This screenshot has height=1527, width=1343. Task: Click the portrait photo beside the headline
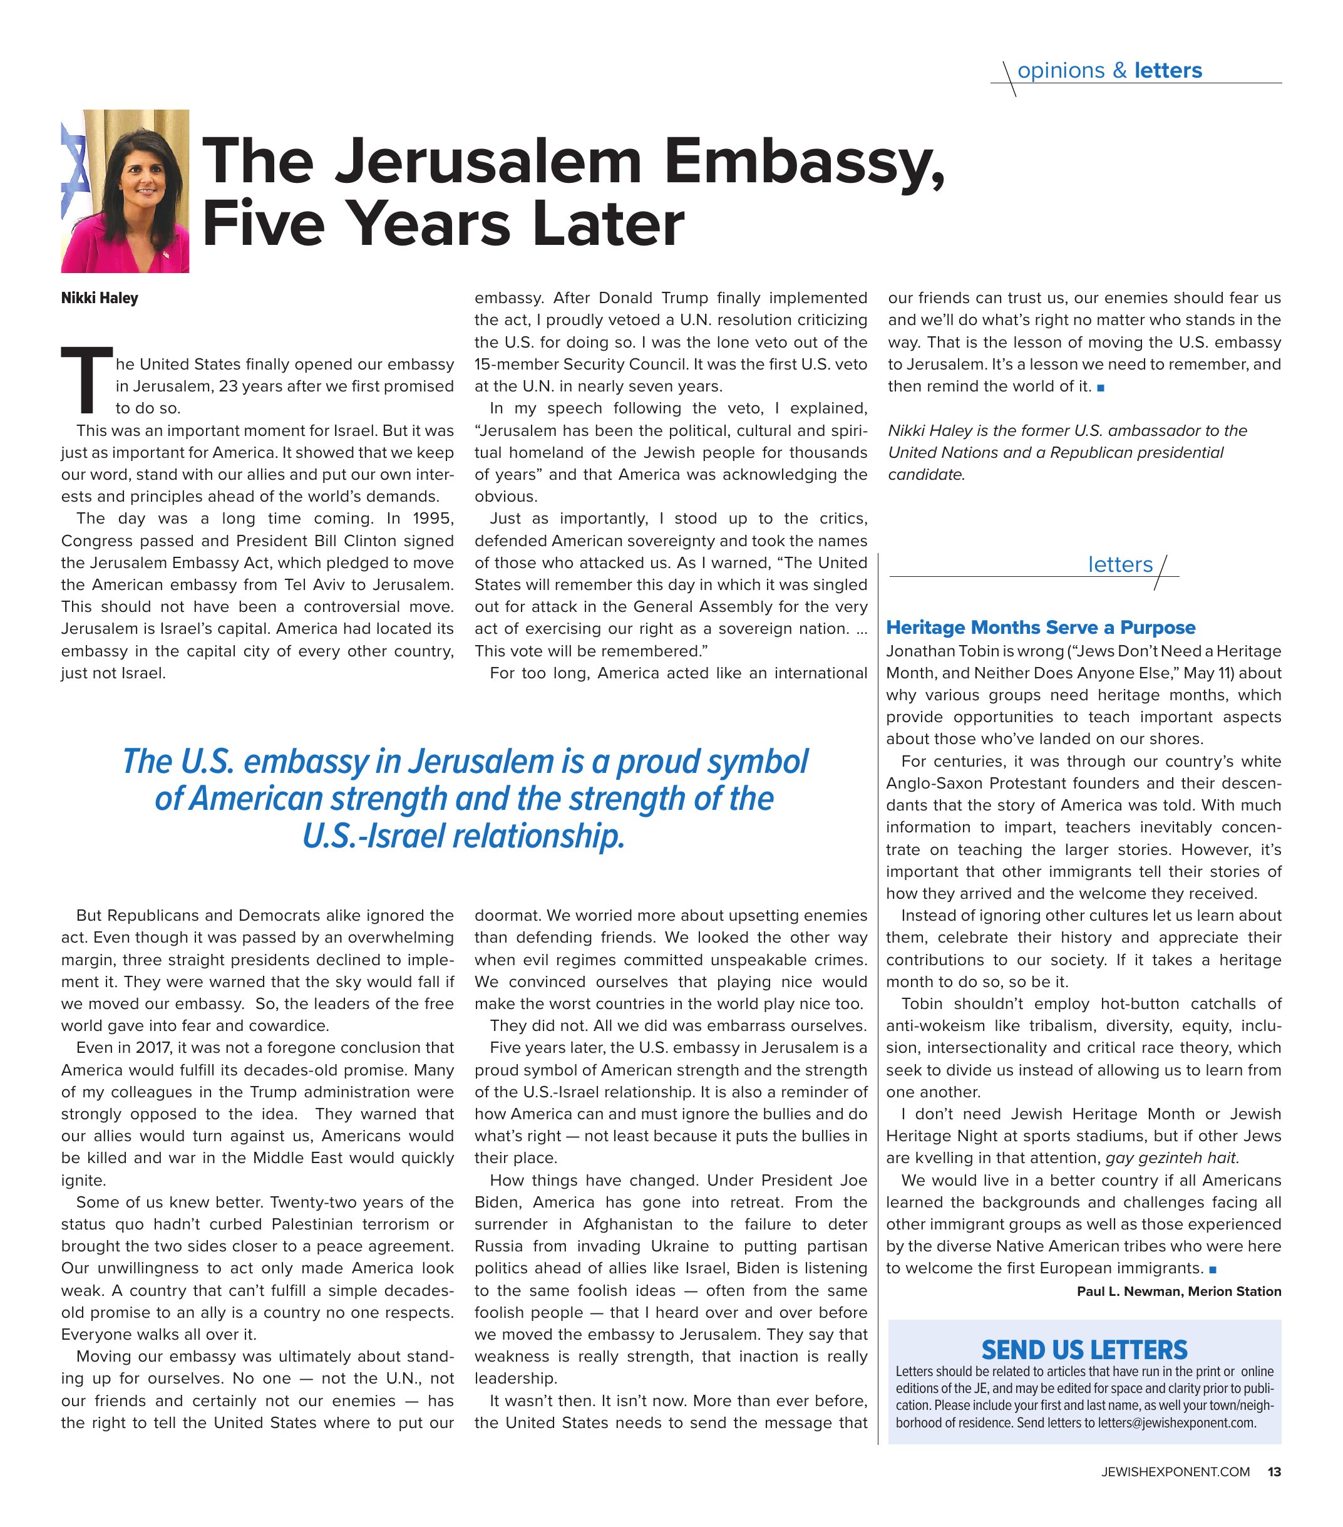[x=125, y=191]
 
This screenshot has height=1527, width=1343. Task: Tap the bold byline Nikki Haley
[x=100, y=298]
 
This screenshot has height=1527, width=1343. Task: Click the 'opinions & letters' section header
[x=1109, y=70]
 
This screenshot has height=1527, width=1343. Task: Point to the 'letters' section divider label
[x=1119, y=565]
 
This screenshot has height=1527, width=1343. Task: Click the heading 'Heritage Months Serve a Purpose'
[x=1041, y=628]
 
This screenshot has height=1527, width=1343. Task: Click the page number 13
[x=1274, y=1472]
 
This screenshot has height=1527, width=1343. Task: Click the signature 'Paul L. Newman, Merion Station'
[x=1179, y=1291]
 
